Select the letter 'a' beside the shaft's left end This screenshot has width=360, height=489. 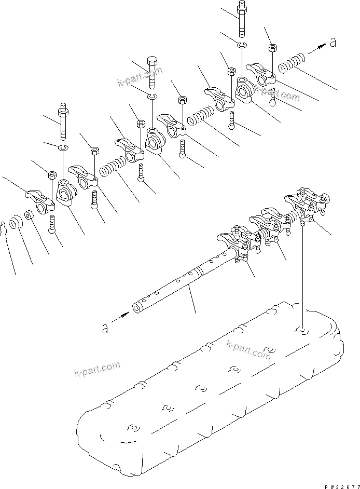105,329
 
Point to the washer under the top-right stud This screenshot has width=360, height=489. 242,46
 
